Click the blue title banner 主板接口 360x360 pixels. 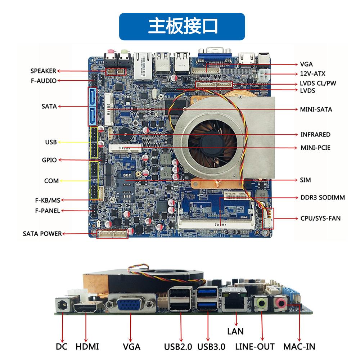[x=182, y=26]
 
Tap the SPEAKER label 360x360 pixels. [x=43, y=71]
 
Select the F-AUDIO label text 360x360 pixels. [x=44, y=81]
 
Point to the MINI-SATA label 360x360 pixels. [x=316, y=109]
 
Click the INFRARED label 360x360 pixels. [x=315, y=135]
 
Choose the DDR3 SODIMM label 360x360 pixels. [x=323, y=197]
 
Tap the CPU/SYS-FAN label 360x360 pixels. [x=320, y=218]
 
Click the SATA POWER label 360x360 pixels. [x=42, y=234]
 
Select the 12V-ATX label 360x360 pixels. [x=313, y=74]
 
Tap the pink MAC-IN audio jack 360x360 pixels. [x=280, y=303]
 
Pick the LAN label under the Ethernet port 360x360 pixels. [x=235, y=331]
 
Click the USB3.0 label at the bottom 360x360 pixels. [x=211, y=347]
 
